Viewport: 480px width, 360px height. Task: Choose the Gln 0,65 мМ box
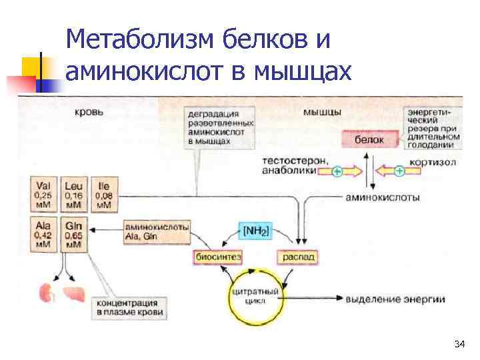tap(73, 235)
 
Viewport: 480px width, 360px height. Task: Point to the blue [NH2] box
tap(256, 231)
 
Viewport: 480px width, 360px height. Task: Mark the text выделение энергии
tap(395, 299)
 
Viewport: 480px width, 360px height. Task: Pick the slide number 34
tap(459, 345)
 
